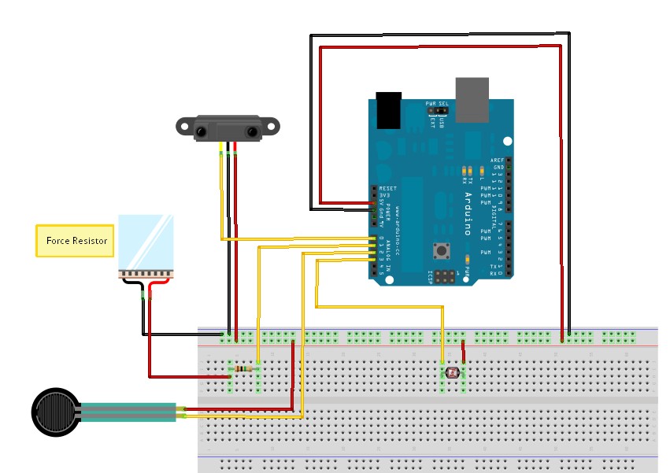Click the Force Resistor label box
76,241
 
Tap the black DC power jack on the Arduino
389,110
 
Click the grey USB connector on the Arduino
472,100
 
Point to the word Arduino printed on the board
467,213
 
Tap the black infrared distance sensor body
228,128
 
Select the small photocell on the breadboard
452,371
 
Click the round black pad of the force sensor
56,411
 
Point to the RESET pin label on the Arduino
388,189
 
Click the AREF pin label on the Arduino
497,161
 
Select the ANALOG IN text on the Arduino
387,251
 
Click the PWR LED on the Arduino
468,259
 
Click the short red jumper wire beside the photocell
464,351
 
